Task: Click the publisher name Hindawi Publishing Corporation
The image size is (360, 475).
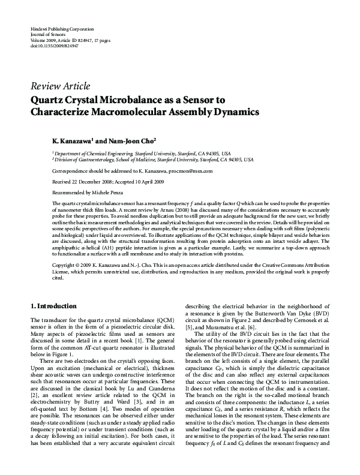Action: pos(62,29)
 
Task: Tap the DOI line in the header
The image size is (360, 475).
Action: pos(54,45)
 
